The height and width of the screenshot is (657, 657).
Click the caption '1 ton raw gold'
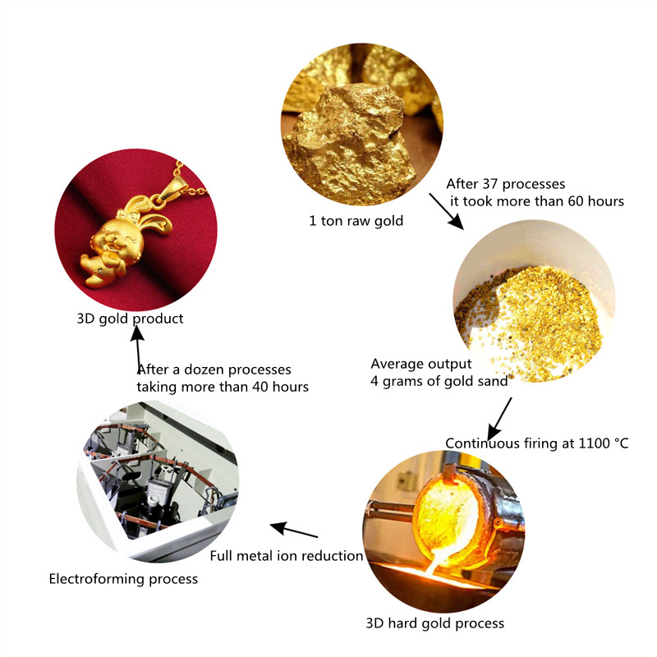pos(356,221)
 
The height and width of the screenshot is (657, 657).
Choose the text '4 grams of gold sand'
pos(439,380)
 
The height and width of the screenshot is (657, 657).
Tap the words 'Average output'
pos(421,363)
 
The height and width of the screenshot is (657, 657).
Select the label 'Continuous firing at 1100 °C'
pos(537,443)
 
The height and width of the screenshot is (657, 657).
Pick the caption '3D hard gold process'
pos(434,623)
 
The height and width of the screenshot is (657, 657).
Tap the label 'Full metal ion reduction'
pos(287,556)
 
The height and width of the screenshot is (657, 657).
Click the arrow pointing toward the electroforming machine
pos(294,530)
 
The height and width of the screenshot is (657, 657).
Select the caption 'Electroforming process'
pos(123,579)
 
